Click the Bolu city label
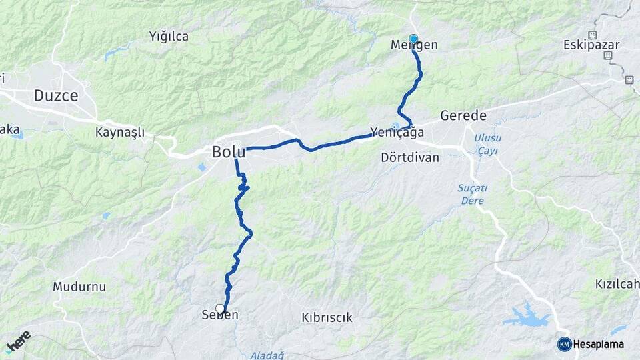click(x=228, y=152)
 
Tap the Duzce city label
click(x=56, y=95)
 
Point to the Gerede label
click(x=463, y=115)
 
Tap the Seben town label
click(x=220, y=315)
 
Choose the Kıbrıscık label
click(x=327, y=317)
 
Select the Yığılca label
click(x=169, y=36)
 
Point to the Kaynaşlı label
click(x=120, y=132)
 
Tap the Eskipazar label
click(x=591, y=45)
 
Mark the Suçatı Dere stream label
click(x=471, y=193)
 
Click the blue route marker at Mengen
click(x=413, y=39)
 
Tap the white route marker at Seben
click(x=220, y=308)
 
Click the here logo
click(x=18, y=341)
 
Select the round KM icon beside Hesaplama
click(x=564, y=344)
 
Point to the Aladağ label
click(x=267, y=355)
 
